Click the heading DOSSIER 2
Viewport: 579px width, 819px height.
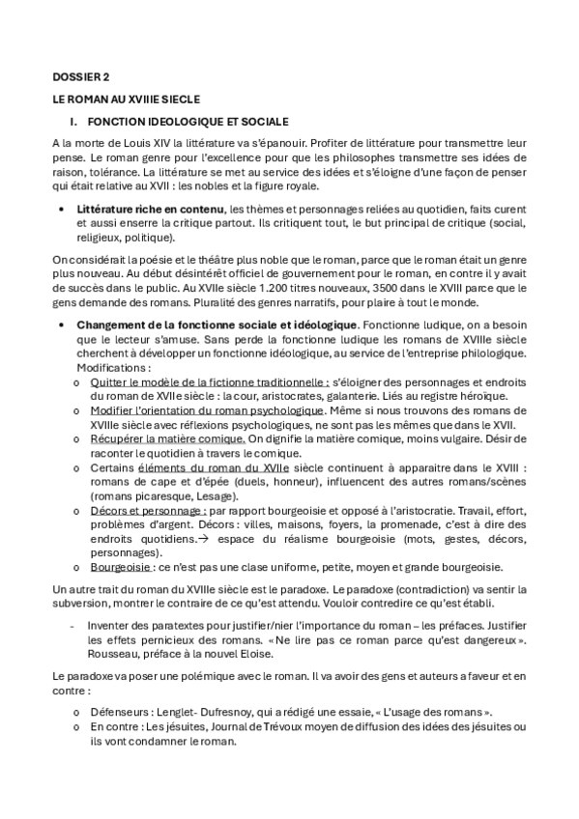pos(81,75)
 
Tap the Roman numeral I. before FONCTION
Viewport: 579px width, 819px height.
pos(72,122)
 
